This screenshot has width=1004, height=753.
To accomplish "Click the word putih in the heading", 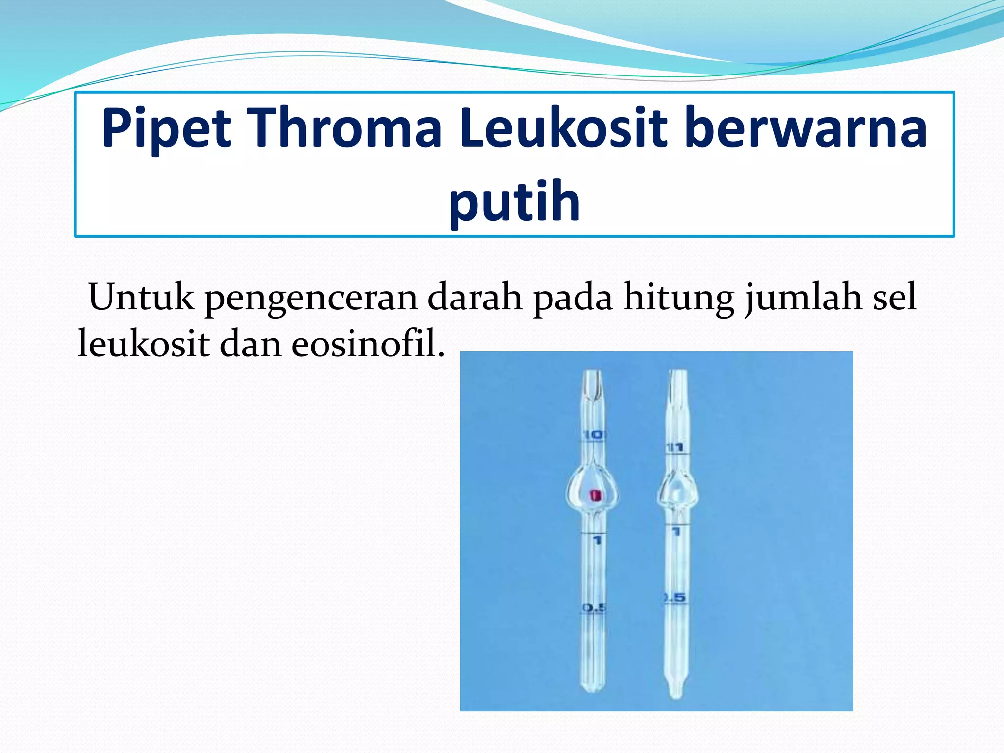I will [x=515, y=202].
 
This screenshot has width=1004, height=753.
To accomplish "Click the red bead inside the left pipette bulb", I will [x=595, y=496].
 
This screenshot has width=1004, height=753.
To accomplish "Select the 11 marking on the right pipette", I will [x=676, y=447].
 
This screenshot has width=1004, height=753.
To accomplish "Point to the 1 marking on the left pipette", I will [x=597, y=540].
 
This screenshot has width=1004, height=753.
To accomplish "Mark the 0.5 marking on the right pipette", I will [x=675, y=598].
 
